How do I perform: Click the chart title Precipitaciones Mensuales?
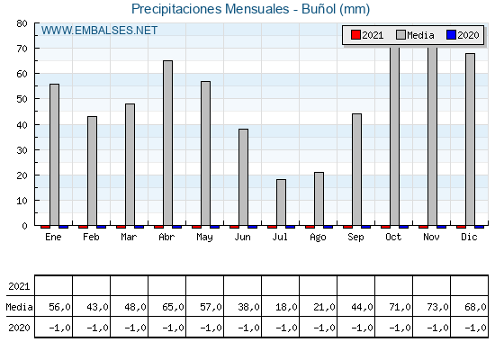coord(211,9)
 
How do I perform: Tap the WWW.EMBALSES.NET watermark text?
coord(99,31)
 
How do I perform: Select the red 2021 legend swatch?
coord(355,35)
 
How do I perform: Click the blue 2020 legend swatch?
coord(451,35)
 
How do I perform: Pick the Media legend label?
coord(421,35)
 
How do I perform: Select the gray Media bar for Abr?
coord(167,143)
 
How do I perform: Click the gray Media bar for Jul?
coord(281,202)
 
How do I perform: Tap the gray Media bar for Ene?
coord(54,155)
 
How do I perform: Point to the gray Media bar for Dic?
coord(470,139)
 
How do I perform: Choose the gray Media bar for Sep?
coord(356,170)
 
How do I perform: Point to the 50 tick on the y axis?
coord(22,99)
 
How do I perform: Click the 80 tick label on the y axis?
coord(22,23)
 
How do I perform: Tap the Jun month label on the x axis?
coord(242,237)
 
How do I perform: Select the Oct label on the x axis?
coord(393,237)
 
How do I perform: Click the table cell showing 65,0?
coord(173,307)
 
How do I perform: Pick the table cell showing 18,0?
coord(286,307)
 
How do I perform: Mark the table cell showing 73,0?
coord(437,307)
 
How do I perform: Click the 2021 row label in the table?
coord(19,286)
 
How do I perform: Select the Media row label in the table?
coord(19,307)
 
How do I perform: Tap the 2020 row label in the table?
coord(19,328)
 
